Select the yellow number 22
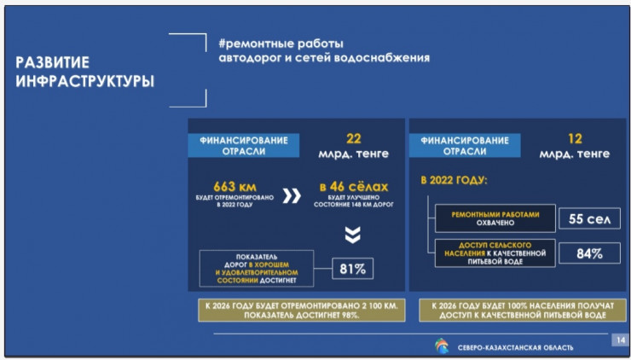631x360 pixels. [x=354, y=137]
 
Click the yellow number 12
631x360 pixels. [x=575, y=137]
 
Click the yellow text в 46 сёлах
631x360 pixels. [x=354, y=187]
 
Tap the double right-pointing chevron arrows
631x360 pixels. [x=292, y=196]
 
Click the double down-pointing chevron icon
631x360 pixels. [x=352, y=235]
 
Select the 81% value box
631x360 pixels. [x=353, y=269]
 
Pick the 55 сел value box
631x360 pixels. [x=588, y=218]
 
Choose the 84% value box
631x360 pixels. [x=588, y=253]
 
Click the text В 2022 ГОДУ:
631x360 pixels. [x=453, y=181]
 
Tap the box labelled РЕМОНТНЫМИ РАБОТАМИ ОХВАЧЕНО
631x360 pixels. [x=495, y=219]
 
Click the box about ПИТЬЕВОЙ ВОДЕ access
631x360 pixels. [x=495, y=253]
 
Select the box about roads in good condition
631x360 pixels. [x=255, y=268]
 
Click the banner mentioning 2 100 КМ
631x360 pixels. [x=297, y=310]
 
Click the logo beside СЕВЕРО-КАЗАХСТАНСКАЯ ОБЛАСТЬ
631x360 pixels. [x=441, y=345]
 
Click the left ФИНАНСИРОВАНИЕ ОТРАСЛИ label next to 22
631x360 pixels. [x=244, y=145]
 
